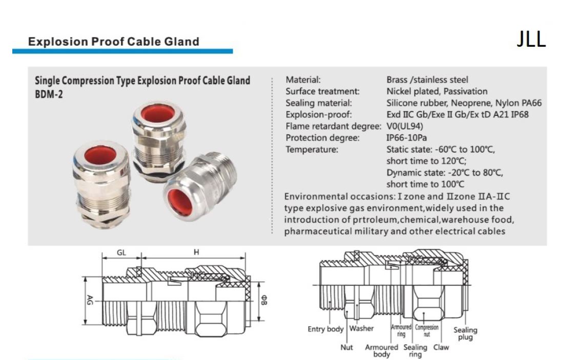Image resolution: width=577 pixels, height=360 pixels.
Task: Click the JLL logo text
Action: pos(531,39)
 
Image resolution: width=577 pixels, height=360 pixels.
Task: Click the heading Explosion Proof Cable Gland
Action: pos(114,42)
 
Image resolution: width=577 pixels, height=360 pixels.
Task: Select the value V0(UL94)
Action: pos(405,126)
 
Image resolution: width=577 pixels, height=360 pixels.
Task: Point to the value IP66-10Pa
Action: pos(407,138)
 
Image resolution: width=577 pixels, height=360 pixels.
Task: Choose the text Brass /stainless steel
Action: pos(427,79)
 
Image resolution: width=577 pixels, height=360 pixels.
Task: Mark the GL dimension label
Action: pos(121,252)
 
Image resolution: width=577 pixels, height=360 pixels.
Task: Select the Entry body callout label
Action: pos(326,329)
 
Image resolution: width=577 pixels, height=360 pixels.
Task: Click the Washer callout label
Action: pos(362,328)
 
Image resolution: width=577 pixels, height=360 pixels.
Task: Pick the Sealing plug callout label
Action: pos(465,333)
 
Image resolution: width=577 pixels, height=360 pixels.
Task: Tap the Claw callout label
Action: pos(441,347)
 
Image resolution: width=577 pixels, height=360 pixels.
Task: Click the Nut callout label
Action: pos(347,347)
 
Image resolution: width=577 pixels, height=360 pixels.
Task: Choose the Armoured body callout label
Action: pos(382,350)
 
